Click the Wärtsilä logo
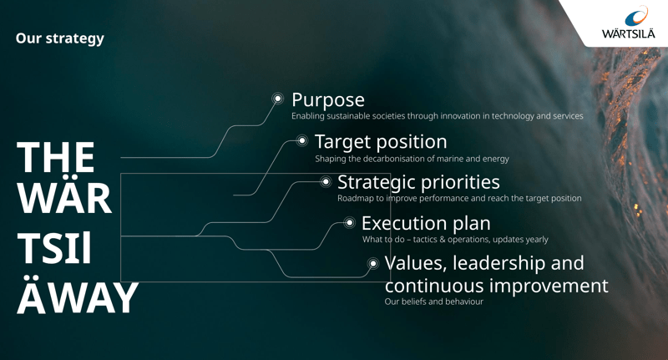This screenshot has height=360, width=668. [x=629, y=23]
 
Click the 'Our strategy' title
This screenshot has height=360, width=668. [x=59, y=38]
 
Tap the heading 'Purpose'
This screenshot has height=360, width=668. [x=328, y=100]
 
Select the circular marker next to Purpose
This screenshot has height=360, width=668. [x=278, y=99]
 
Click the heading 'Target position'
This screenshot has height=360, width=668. [x=381, y=142]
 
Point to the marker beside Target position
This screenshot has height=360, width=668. [x=302, y=140]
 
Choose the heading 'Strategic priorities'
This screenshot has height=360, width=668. [x=418, y=182]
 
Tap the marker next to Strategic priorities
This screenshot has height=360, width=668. [x=326, y=182]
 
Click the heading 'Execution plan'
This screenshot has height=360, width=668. [x=426, y=224]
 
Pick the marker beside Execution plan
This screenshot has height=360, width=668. [x=349, y=222]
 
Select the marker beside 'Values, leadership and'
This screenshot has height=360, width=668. [x=373, y=263]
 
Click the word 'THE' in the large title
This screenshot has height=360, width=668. [x=55, y=158]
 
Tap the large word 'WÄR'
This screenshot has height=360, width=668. [x=64, y=198]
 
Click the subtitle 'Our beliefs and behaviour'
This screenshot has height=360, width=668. [x=433, y=302]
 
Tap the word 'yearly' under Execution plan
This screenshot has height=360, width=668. [x=537, y=240]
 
